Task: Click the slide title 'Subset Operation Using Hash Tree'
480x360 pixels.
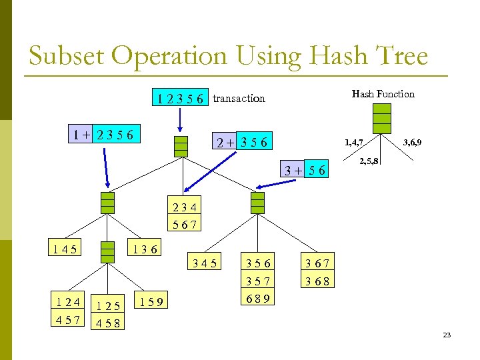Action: pyautogui.click(x=228, y=56)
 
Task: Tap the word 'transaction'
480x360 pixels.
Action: pyautogui.click(x=239, y=99)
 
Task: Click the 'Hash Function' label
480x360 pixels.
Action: pyautogui.click(x=383, y=94)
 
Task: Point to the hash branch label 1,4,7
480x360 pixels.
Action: pyautogui.click(x=353, y=142)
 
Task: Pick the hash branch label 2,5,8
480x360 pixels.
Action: pyautogui.click(x=369, y=161)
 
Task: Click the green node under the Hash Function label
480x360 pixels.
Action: pyautogui.click(x=382, y=119)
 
